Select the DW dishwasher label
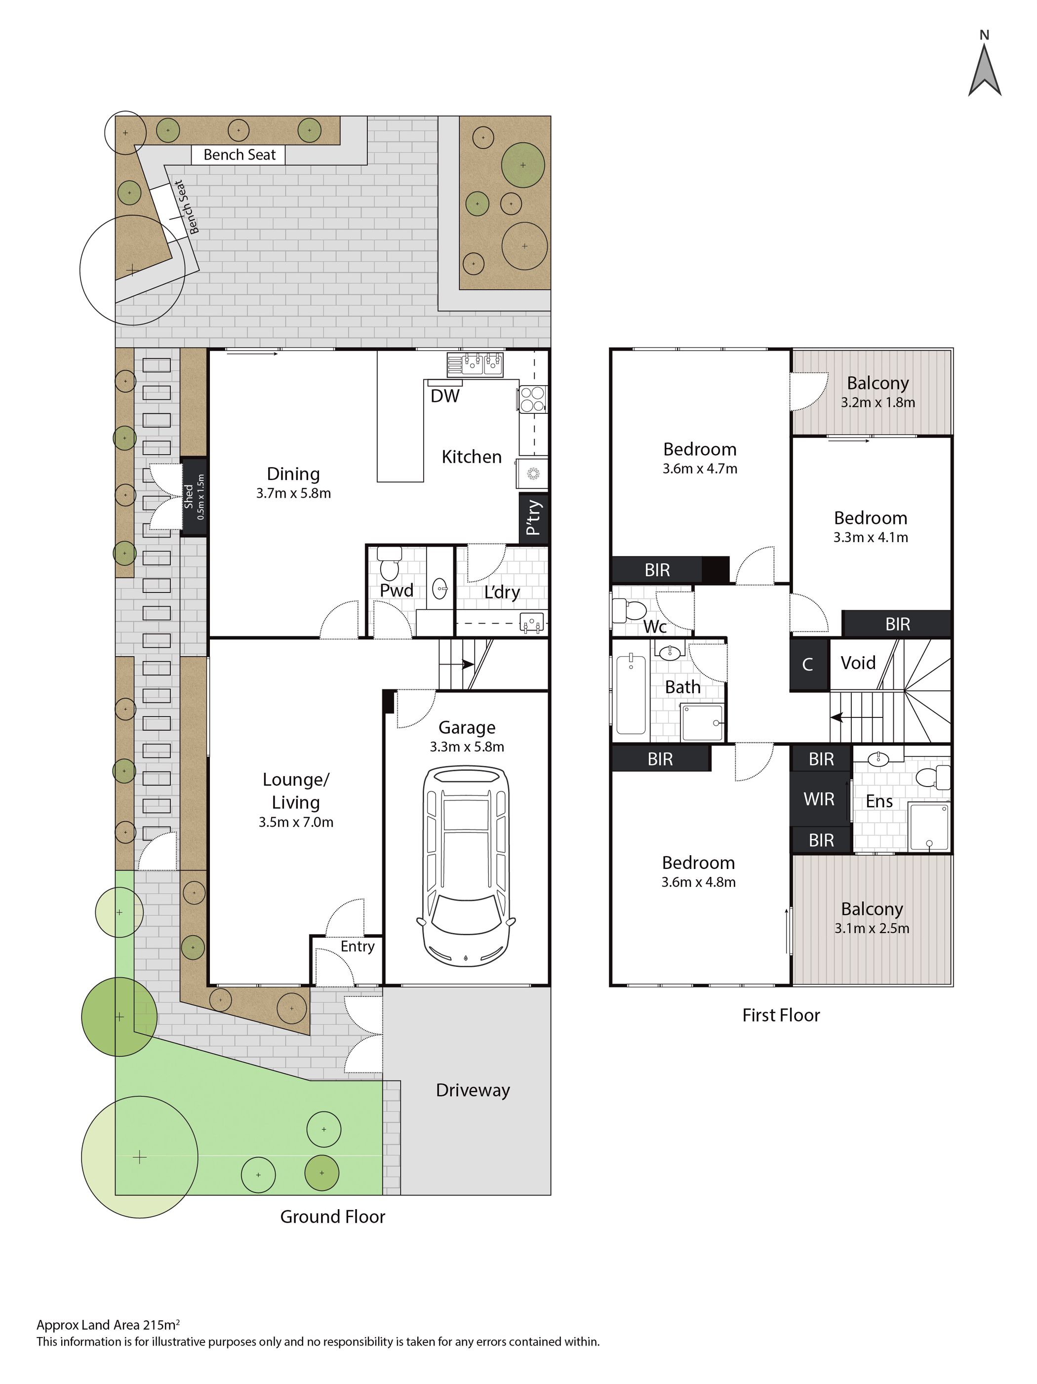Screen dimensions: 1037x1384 [444, 395]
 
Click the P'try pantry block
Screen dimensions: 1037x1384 [533, 517]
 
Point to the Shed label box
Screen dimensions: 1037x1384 [194, 496]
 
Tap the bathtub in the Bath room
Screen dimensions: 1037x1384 [630, 693]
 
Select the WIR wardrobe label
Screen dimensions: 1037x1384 [819, 799]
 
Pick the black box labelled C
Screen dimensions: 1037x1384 [808, 664]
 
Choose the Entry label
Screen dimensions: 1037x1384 [358, 946]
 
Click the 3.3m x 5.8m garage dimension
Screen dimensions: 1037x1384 [467, 747]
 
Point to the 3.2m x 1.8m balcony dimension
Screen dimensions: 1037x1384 [877, 402]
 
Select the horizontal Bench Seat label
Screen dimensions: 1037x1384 [239, 155]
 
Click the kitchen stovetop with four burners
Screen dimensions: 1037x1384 [532, 398]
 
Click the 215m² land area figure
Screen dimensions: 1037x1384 [161, 1325]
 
